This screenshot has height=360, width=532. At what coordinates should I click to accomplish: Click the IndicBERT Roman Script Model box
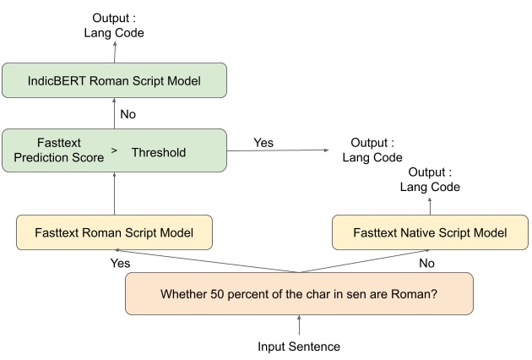click(x=114, y=81)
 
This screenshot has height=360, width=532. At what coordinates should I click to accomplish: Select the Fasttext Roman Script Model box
click(x=114, y=232)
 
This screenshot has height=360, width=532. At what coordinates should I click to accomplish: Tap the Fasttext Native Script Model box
click(x=429, y=232)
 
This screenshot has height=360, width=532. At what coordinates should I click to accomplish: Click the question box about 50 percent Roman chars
click(x=298, y=294)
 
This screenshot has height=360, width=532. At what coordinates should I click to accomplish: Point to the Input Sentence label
click(x=298, y=346)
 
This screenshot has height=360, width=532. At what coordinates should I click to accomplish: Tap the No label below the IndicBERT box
click(x=128, y=112)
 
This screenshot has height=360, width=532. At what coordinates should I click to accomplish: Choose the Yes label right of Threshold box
click(x=263, y=143)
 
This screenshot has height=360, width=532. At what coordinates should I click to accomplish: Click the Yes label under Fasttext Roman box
click(x=121, y=263)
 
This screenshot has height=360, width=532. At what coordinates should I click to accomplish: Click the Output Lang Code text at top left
click(x=114, y=25)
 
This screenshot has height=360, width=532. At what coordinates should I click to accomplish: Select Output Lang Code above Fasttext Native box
click(x=430, y=179)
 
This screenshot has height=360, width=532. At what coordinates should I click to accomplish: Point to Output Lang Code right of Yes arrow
click(x=372, y=150)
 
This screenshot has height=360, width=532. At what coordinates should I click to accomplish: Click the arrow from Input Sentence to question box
click(x=298, y=325)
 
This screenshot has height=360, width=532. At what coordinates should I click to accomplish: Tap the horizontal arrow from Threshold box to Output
click(x=279, y=151)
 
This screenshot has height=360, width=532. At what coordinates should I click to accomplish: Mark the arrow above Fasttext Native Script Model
click(x=429, y=205)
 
